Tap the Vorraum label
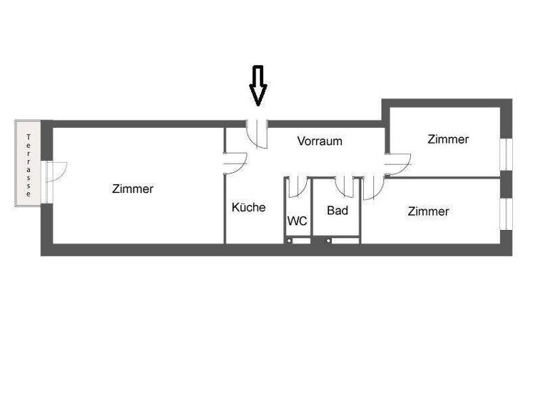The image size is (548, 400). coord(320,141)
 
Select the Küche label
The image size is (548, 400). coord(248,207)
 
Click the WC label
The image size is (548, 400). coord(298,221)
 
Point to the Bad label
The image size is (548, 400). coord(338,211)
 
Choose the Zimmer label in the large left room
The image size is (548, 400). coord(133,189)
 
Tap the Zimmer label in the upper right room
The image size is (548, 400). coord(448,139)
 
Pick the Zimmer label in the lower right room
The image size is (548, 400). coord(429,211)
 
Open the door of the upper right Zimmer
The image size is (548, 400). coord(397,164)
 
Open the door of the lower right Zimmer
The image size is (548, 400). coord(372,189)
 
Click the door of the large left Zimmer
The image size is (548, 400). coord(235,164)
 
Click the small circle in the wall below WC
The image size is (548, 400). coord(290,241)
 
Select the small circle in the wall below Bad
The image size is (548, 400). coord(329,241)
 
